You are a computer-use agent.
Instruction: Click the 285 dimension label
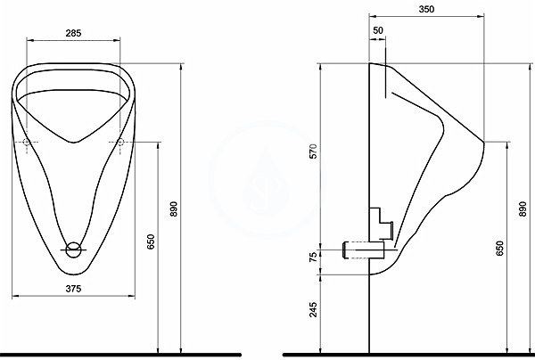pyautogui.click(x=73, y=33)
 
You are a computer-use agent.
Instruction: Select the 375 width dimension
pyautogui.click(x=73, y=289)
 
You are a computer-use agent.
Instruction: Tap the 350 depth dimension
pyautogui.click(x=426, y=9)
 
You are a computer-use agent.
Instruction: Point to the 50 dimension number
pyautogui.click(x=378, y=30)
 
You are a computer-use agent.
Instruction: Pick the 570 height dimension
pyautogui.click(x=314, y=151)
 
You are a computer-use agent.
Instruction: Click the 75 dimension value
pyautogui.click(x=313, y=257)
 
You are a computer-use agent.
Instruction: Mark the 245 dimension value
pyautogui.click(x=313, y=309)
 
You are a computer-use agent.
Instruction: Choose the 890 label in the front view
pyautogui.click(x=174, y=209)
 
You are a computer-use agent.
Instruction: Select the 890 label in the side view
pyautogui.click(x=523, y=209)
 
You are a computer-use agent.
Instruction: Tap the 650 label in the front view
pyautogui.click(x=151, y=241)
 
